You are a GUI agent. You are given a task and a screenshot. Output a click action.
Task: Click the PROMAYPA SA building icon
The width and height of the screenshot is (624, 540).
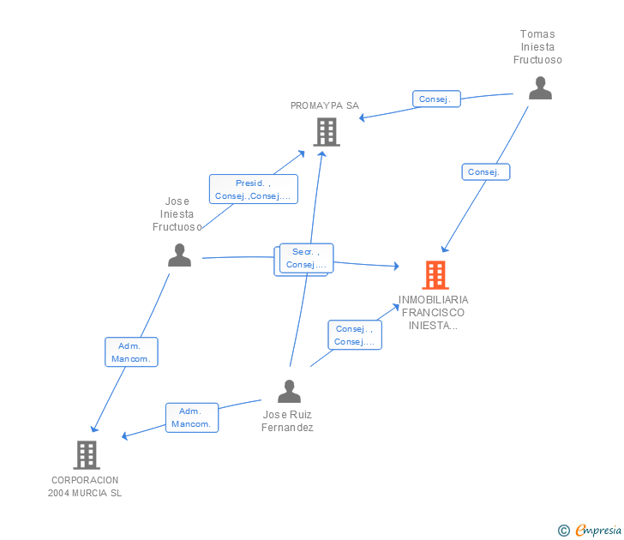(x=326, y=132)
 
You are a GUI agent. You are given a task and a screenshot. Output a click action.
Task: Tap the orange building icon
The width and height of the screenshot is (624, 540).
(x=435, y=275)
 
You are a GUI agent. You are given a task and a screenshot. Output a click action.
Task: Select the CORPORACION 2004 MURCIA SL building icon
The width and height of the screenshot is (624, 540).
(x=86, y=454)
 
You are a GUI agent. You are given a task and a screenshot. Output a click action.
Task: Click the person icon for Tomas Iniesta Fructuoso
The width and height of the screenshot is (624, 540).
(x=540, y=88)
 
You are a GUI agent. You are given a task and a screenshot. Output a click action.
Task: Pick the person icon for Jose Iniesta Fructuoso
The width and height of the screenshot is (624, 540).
(x=179, y=255)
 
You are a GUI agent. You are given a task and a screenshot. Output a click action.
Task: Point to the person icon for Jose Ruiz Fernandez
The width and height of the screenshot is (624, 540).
(x=290, y=392)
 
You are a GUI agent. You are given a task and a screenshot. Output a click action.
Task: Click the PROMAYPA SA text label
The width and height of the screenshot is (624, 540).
(x=325, y=105)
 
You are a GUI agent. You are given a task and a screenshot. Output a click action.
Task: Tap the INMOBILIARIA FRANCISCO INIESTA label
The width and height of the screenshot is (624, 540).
(x=434, y=313)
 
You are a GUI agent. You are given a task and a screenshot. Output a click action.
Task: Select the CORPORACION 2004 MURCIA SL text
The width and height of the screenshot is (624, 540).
(x=85, y=487)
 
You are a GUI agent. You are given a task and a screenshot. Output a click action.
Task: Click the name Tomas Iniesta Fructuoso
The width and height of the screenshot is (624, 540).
(x=537, y=47)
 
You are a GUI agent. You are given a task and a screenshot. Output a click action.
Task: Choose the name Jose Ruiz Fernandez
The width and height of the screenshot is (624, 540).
(x=288, y=421)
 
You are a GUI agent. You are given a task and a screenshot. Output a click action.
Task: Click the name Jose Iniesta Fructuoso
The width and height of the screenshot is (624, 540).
(x=177, y=214)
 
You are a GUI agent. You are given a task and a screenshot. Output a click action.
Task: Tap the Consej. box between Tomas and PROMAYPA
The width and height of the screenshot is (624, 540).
(x=435, y=99)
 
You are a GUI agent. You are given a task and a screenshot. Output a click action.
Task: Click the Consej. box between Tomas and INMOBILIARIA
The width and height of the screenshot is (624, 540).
(x=484, y=172)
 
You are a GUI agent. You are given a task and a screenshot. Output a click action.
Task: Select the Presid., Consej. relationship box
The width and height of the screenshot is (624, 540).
(x=253, y=189)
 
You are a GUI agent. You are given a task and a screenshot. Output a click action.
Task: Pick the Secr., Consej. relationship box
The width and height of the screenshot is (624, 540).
(x=306, y=258)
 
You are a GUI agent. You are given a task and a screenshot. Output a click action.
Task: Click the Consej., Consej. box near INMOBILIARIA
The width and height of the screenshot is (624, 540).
(x=355, y=335)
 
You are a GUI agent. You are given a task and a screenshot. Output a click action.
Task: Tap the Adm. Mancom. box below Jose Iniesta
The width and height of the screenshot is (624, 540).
(x=131, y=352)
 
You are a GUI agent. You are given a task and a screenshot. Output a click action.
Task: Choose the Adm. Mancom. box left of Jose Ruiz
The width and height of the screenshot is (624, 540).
(x=192, y=417)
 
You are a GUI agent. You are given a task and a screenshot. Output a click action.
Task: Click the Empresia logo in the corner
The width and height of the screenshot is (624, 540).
(x=591, y=531)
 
